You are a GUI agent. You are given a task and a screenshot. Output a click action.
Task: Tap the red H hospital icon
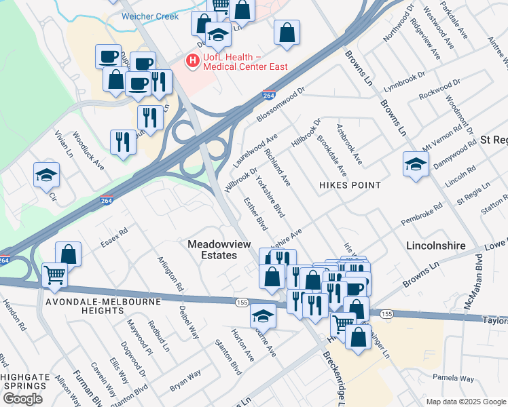tap(193, 61)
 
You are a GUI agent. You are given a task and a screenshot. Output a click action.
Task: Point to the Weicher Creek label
tap(150, 16)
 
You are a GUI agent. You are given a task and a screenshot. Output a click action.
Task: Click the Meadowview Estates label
tap(212, 249)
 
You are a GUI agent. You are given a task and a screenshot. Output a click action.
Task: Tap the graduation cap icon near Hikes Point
tap(416, 163)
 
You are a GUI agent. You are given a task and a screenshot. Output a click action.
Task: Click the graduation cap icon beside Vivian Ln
tap(46, 174)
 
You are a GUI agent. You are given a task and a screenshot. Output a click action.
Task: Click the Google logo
tap(22, 399)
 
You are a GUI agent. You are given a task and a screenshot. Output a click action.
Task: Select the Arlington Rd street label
tap(170, 273)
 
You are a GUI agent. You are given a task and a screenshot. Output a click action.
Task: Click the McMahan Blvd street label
tap(473, 282)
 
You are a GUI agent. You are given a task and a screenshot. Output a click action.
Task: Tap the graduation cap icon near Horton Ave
tap(263, 315)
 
